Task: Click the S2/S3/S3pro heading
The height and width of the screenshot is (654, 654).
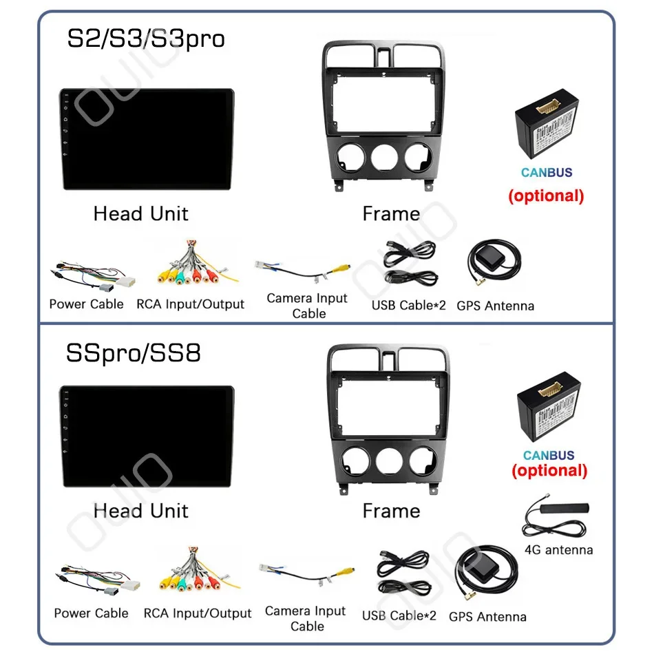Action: [x=145, y=39]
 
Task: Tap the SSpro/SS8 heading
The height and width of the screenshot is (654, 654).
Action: [x=134, y=352]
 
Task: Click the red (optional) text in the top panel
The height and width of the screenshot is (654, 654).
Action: [x=546, y=196]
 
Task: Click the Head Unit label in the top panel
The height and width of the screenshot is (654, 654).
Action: [x=140, y=213]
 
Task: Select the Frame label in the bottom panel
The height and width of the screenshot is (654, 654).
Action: [x=391, y=511]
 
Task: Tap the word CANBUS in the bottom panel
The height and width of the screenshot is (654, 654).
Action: [x=548, y=455]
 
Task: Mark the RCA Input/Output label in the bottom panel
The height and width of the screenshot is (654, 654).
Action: [x=198, y=613]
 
